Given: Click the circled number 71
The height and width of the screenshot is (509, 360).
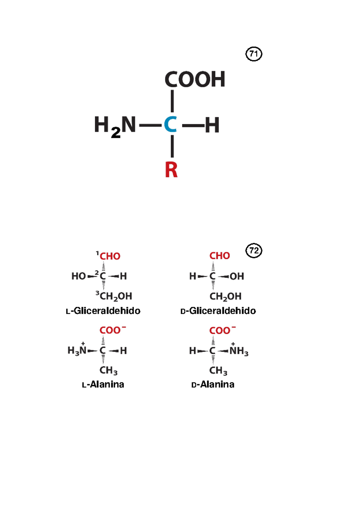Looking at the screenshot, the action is [x=254, y=54].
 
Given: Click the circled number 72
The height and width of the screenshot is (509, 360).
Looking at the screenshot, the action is [x=254, y=251].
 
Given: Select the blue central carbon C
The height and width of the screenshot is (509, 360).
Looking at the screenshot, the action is [x=170, y=124].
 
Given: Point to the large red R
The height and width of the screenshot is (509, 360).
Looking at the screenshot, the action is [x=171, y=169].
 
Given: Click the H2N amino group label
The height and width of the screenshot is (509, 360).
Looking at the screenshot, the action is [x=115, y=127].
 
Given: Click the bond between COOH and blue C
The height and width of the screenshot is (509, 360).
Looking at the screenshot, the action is [x=172, y=101].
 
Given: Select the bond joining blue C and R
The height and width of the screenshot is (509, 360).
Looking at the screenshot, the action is [x=172, y=146].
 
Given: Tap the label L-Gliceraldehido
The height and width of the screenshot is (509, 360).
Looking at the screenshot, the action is [x=103, y=311].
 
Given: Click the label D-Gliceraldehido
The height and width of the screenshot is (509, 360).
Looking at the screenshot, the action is [x=218, y=311].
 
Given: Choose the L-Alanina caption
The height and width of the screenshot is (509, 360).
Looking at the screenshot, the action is [x=103, y=384].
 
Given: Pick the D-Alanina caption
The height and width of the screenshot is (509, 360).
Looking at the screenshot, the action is [x=213, y=384].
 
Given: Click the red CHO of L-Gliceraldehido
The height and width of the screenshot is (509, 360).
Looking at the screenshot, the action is [x=110, y=256].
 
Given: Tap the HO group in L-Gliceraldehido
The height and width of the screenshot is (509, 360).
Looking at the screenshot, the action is [x=79, y=276].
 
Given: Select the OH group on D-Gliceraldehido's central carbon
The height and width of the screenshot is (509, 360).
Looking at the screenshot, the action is [x=237, y=276].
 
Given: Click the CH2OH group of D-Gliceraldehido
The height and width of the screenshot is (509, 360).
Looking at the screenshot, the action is [x=225, y=296].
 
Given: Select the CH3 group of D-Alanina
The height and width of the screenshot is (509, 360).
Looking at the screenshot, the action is [x=218, y=371].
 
